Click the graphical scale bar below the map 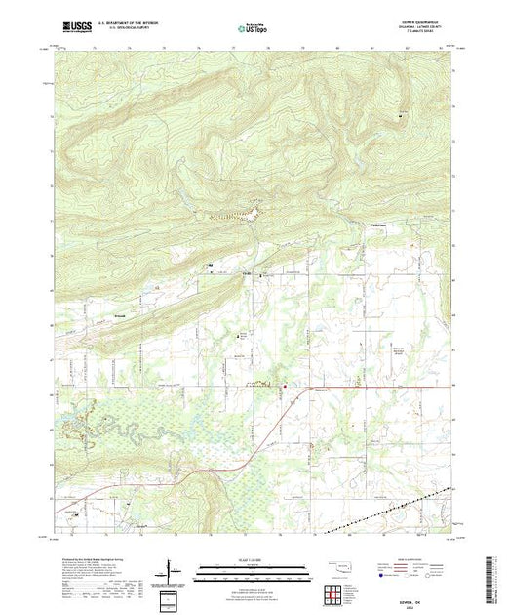(255, 567)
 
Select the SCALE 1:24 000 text (255, 558)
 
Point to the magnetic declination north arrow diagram (175, 567)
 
